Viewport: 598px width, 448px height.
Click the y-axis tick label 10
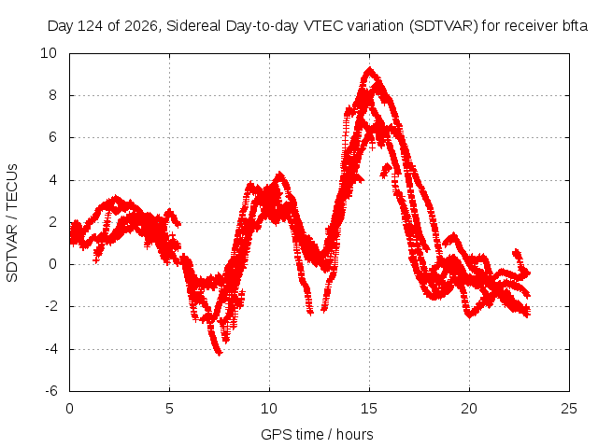point(49,53)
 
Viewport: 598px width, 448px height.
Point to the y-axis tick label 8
point(52,95)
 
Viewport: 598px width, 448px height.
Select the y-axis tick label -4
point(50,349)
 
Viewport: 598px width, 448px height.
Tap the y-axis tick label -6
point(50,391)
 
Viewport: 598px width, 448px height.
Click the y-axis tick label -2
point(50,306)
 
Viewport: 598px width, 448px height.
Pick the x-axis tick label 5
point(169,409)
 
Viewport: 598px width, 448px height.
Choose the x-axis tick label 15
point(369,409)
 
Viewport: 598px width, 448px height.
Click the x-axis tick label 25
point(569,409)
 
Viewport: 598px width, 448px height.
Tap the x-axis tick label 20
point(469,409)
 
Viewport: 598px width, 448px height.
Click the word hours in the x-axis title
point(355,434)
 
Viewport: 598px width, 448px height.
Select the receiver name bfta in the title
point(575,26)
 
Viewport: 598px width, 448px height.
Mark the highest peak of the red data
point(369,68)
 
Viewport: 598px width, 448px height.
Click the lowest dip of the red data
point(219,354)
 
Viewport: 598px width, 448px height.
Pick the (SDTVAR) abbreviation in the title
point(443,26)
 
